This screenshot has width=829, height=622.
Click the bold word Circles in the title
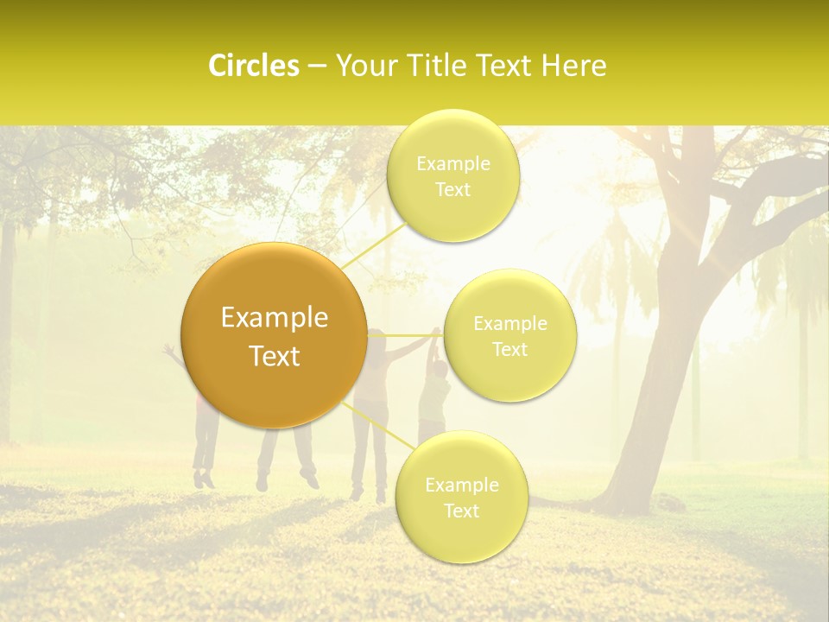[x=253, y=66]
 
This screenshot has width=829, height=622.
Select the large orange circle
[x=274, y=335]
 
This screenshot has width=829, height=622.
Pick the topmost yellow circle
[x=452, y=176]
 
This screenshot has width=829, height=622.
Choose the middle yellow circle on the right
[x=509, y=336]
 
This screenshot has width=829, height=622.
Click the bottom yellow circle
[x=461, y=498]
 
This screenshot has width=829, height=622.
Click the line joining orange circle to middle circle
[x=406, y=335]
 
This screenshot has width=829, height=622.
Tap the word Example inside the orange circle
[x=274, y=318]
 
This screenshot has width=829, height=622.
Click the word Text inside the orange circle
[x=274, y=356]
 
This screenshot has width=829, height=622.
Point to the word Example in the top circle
[x=452, y=164]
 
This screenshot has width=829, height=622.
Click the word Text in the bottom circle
[x=461, y=511]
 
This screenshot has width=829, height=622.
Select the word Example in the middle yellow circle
[x=509, y=324]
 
